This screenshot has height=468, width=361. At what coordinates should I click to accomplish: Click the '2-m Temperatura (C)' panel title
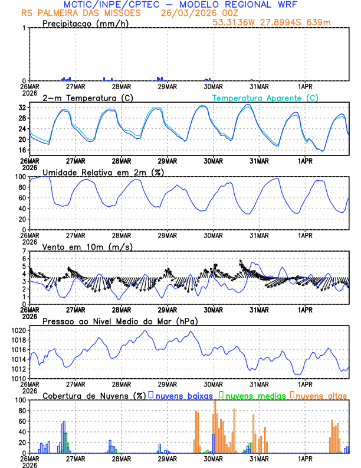(x=84, y=97)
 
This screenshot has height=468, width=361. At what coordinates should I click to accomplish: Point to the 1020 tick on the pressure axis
(x=19, y=330)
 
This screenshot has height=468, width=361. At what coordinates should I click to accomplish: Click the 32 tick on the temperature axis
(x=22, y=108)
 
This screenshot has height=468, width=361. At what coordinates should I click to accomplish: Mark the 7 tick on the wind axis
(x=24, y=251)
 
